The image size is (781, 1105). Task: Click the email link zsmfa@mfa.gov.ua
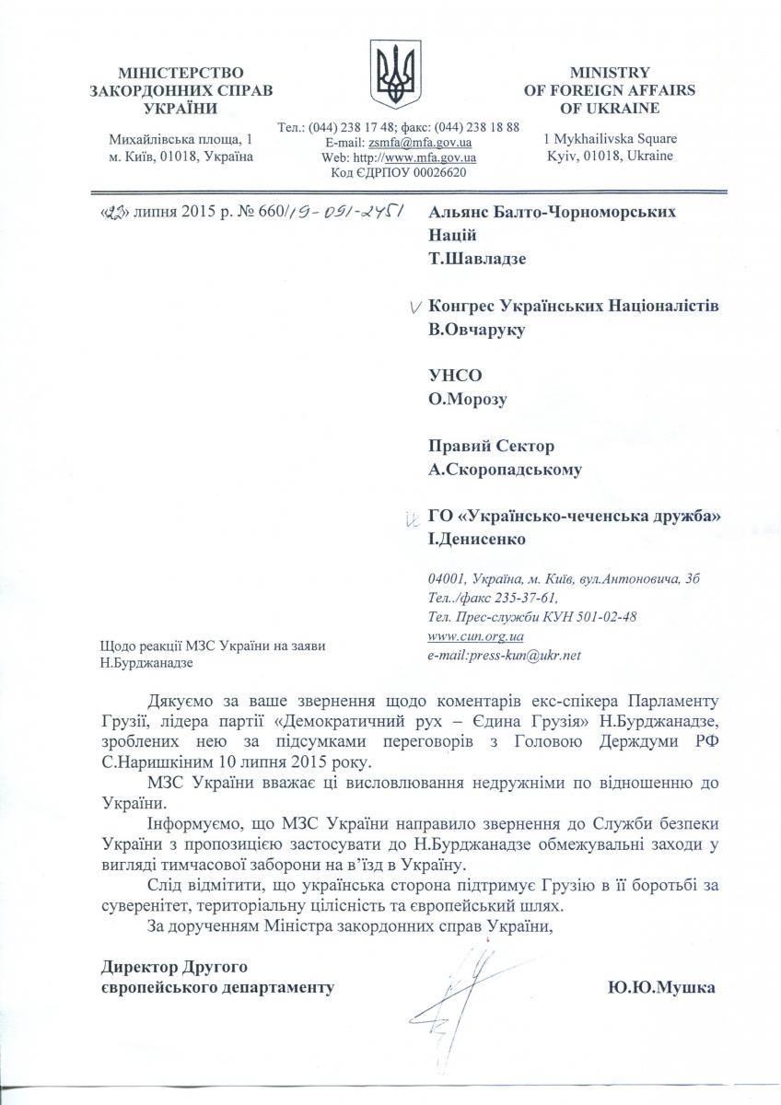(x=421, y=143)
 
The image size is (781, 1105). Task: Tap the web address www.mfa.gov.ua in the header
(x=437, y=157)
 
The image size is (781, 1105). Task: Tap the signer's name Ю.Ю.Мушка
(x=661, y=988)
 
